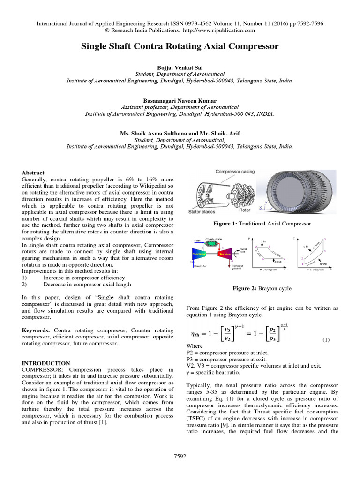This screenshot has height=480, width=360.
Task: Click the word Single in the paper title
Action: (x=95, y=46)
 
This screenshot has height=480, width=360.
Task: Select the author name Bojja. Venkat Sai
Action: (x=180, y=67)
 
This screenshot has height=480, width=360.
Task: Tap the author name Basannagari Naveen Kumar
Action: (x=180, y=100)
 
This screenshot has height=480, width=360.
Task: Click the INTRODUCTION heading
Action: (x=46, y=363)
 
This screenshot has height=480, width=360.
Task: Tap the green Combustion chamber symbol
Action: (x=213, y=244)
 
